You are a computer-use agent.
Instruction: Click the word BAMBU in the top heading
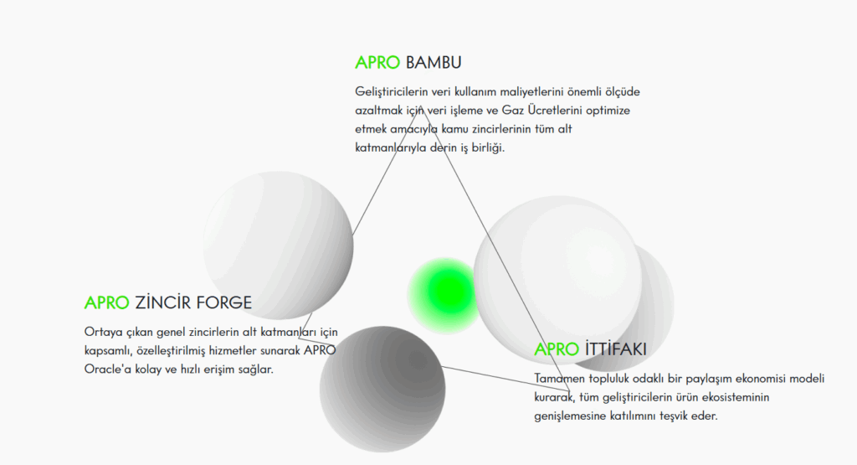click(434, 62)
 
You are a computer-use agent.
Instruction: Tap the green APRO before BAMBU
click(377, 62)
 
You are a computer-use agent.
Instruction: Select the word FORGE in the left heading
click(223, 302)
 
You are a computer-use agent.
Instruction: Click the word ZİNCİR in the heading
click(163, 302)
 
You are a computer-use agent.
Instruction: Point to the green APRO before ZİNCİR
click(106, 302)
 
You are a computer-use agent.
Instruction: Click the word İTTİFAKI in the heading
click(615, 349)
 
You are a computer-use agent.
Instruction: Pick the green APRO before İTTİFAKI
click(557, 349)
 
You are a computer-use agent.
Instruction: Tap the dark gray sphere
click(382, 389)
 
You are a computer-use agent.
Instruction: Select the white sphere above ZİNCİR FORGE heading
click(278, 245)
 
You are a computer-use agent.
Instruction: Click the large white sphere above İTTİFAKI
click(557, 280)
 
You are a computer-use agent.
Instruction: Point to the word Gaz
click(513, 111)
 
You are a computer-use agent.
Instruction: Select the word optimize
click(608, 111)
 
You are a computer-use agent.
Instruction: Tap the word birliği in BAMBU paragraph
click(488, 147)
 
